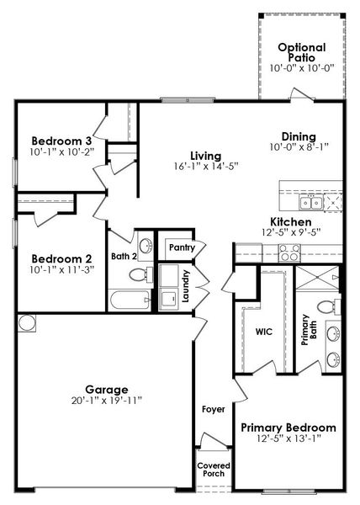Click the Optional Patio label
(301, 52)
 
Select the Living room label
(205, 156)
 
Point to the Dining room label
(299, 136)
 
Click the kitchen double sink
(311, 202)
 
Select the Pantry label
(182, 247)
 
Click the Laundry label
(186, 285)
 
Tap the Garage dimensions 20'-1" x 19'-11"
(107, 401)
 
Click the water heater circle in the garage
(26, 322)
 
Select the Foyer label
(214, 409)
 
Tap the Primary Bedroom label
(289, 427)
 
